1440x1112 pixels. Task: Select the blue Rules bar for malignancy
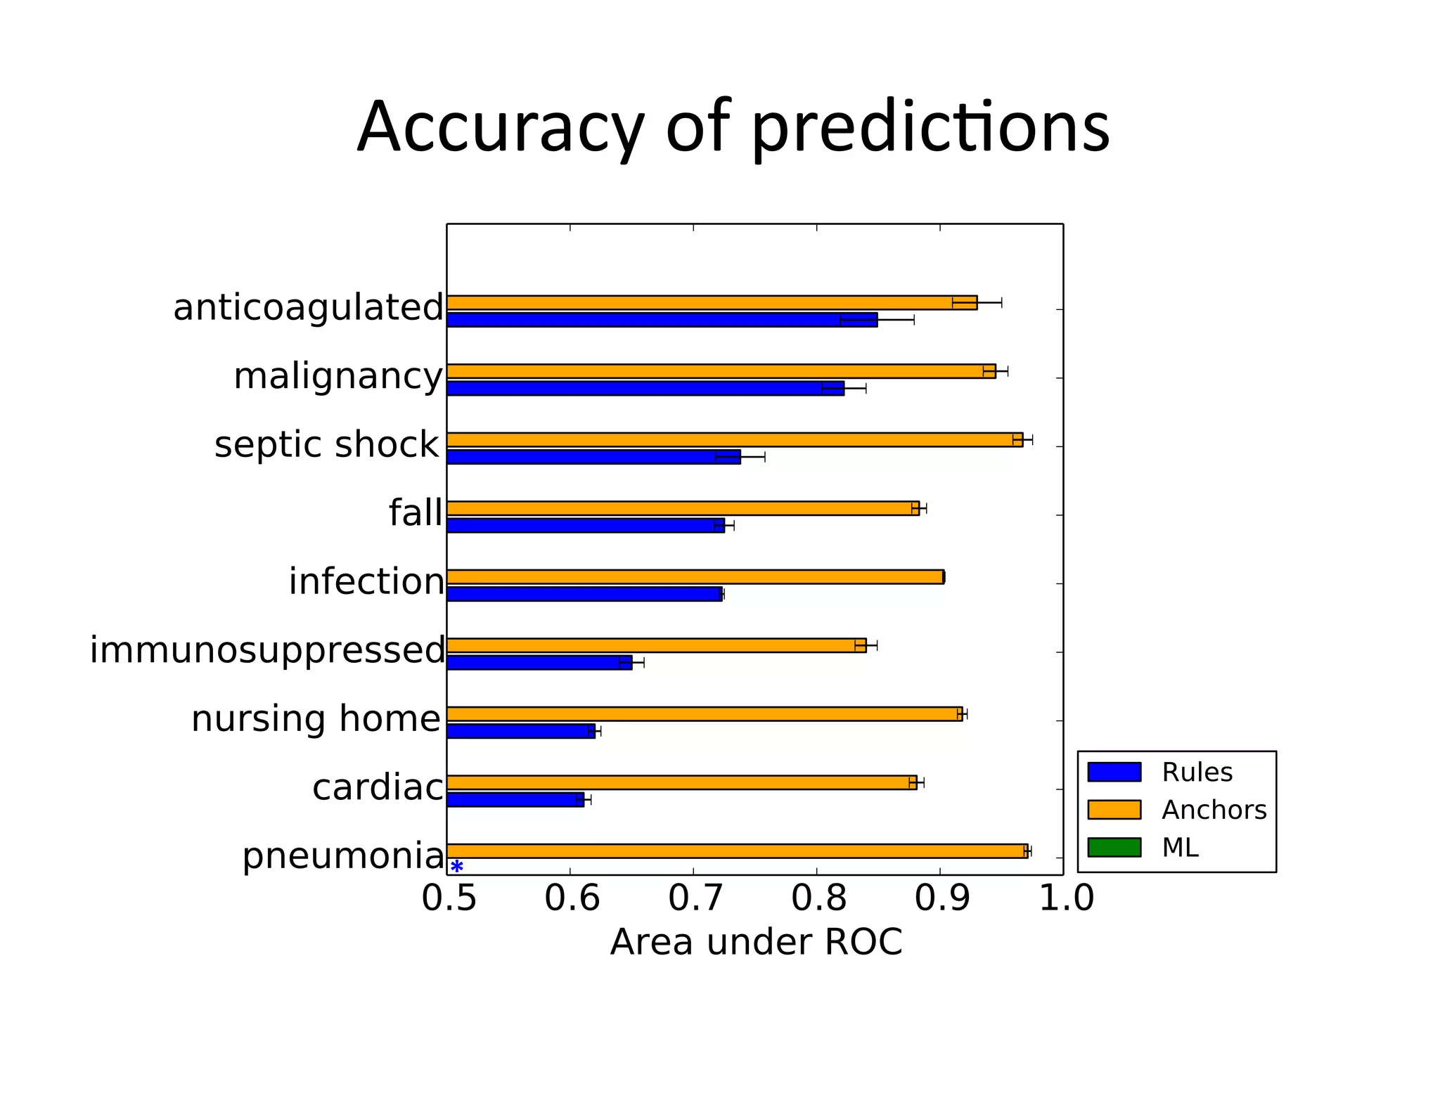pyautogui.click(x=645, y=389)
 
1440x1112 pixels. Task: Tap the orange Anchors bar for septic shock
pyautogui.click(x=734, y=440)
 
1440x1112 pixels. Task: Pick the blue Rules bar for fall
pyautogui.click(x=585, y=526)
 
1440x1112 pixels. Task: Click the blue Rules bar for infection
pyautogui.click(x=584, y=594)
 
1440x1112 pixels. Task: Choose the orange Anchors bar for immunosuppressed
pyautogui.click(x=656, y=645)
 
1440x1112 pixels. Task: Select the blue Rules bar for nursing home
pyautogui.click(x=520, y=731)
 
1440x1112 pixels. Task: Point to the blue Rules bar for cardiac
pyautogui.click(x=515, y=800)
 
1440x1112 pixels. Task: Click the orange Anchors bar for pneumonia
pyautogui.click(x=737, y=851)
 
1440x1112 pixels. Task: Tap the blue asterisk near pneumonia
pyautogui.click(x=457, y=866)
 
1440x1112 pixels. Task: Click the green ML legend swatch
pyautogui.click(x=1114, y=847)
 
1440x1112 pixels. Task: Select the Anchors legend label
pyautogui.click(x=1214, y=810)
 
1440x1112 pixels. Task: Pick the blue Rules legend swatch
pyautogui.click(x=1114, y=772)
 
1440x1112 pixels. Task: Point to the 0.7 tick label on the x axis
pyautogui.click(x=695, y=898)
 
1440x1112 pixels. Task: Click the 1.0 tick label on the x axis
pyautogui.click(x=1066, y=898)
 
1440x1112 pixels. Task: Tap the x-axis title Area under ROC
pyautogui.click(x=756, y=942)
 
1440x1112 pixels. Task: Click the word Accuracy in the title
pyautogui.click(x=500, y=128)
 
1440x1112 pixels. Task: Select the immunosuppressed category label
pyautogui.click(x=267, y=650)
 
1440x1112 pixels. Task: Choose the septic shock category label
pyautogui.click(x=327, y=445)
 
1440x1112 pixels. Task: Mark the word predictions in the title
pyautogui.click(x=930, y=128)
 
